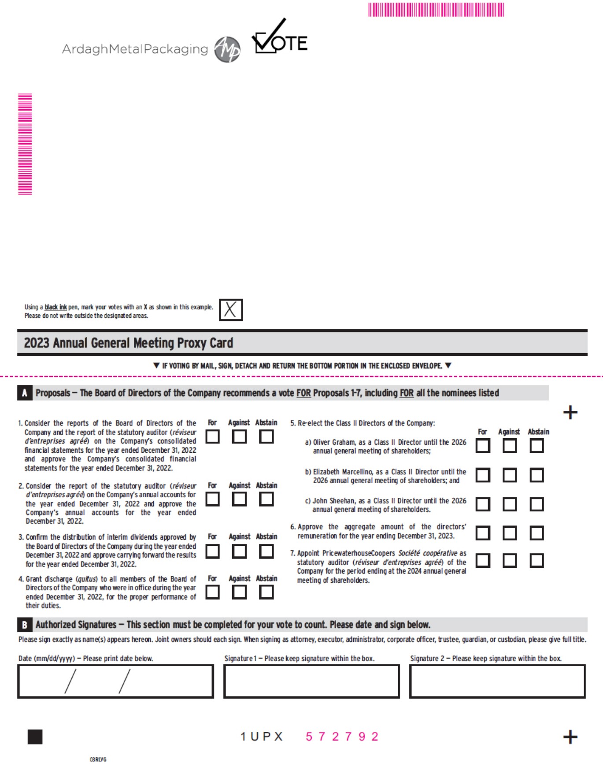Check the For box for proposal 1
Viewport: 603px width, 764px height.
[x=213, y=436]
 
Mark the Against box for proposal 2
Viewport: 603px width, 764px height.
[x=240, y=499]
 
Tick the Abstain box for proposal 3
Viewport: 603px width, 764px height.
[x=266, y=551]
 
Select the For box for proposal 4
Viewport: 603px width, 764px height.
[x=213, y=592]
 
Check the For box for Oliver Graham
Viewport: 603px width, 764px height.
[x=483, y=446]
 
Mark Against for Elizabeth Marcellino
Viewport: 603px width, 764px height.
[x=510, y=475]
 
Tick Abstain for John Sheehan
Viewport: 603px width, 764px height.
[x=536, y=504]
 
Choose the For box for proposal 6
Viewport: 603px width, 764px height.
[x=483, y=533]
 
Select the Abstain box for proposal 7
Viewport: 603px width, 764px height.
[x=536, y=560]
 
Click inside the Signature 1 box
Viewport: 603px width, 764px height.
[x=311, y=681]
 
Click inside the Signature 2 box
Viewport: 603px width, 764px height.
[x=497, y=681]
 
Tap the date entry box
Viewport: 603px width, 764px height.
[x=115, y=681]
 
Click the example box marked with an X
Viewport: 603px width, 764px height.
[x=231, y=309]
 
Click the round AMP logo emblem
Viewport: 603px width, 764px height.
[x=227, y=49]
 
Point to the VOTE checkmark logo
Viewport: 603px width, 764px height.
[x=279, y=39]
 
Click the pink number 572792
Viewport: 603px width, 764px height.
[x=342, y=736]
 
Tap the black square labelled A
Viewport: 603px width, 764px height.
[x=25, y=393]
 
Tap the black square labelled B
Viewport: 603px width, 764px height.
[x=25, y=625]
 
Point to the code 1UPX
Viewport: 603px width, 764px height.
[x=262, y=736]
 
